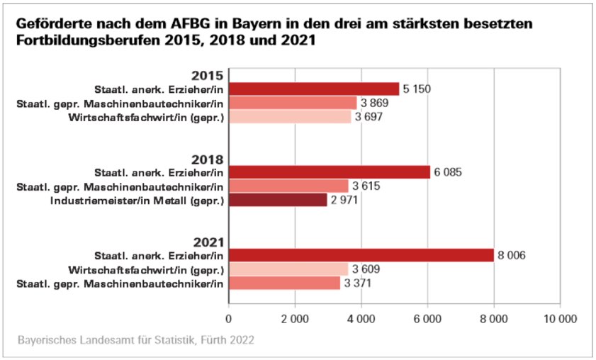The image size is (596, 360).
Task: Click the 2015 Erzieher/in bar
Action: [314, 89]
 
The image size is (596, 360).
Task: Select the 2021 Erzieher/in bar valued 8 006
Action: [361, 255]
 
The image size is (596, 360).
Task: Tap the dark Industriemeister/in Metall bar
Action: [278, 201]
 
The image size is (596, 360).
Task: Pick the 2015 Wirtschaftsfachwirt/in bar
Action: [290, 117]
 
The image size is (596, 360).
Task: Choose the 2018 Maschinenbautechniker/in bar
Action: [288, 186]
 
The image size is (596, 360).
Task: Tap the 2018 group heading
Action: [208, 159]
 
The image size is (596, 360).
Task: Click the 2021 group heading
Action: [208, 242]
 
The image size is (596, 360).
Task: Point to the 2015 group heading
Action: [208, 76]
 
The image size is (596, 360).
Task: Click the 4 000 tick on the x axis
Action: [361, 320]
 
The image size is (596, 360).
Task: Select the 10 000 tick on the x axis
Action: [559, 320]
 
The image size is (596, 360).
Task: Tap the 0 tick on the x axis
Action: [229, 320]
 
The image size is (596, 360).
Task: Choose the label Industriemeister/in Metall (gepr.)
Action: [137, 201]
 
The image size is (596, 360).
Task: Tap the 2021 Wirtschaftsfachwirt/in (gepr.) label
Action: [147, 270]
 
